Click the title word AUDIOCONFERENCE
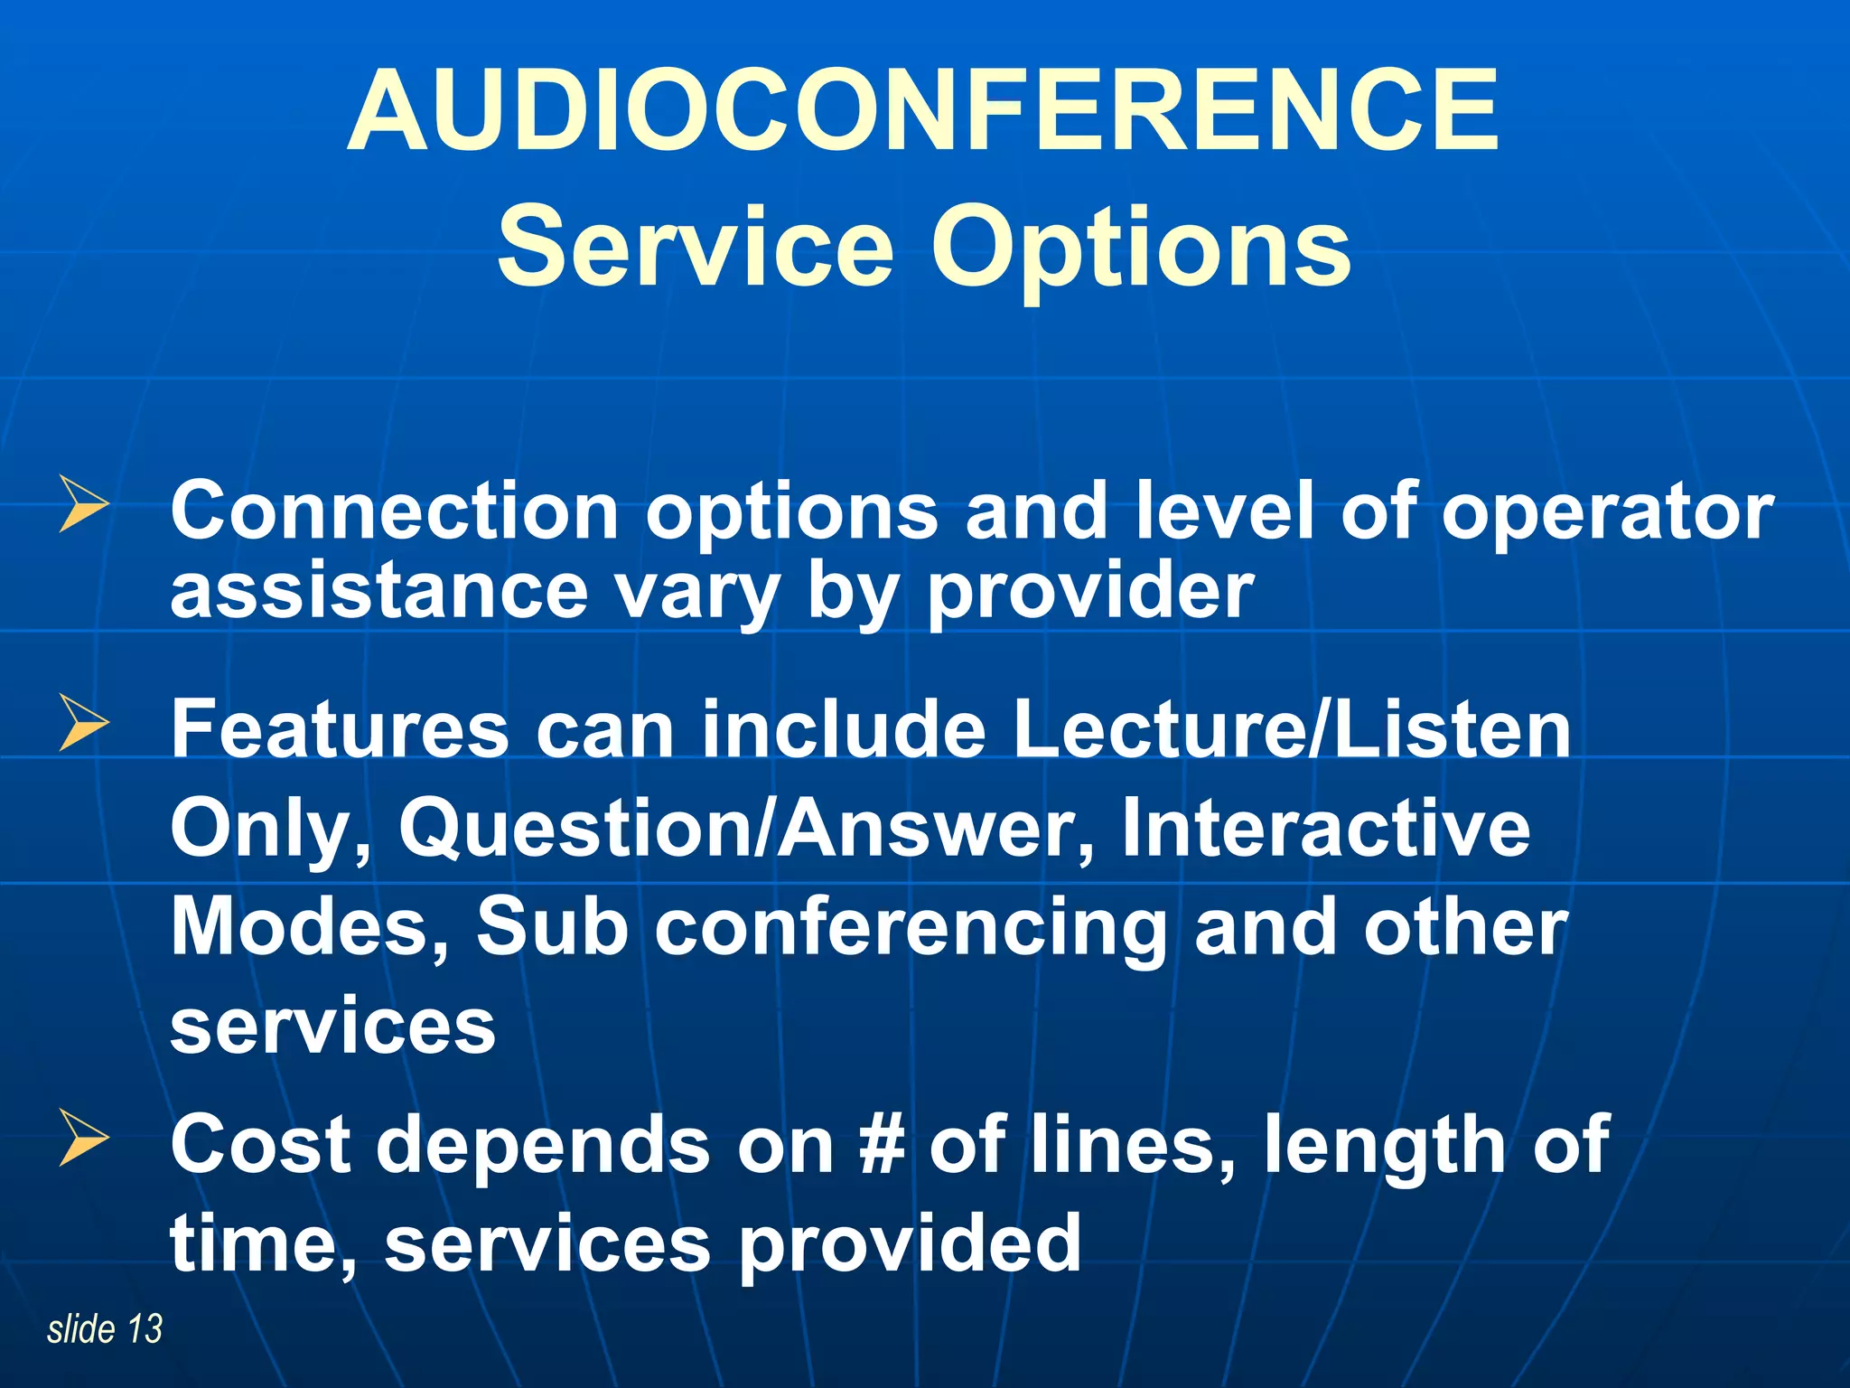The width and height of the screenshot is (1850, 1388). coord(923,110)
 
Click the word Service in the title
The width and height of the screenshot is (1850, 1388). coord(696,247)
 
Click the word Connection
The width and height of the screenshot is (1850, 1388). coord(394,511)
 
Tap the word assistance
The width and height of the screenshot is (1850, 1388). coord(379,592)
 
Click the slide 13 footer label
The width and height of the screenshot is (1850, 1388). coord(105,1329)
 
